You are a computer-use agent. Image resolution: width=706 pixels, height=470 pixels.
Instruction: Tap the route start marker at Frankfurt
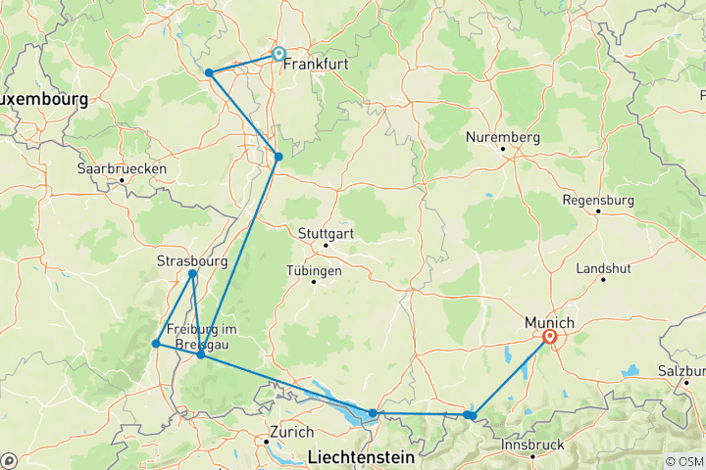pos(278,55)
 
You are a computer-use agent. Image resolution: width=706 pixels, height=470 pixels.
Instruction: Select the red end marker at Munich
pos(550,339)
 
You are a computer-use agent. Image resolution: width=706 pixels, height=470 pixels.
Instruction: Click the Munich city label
pos(547,321)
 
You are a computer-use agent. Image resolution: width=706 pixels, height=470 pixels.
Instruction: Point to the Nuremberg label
pos(503,138)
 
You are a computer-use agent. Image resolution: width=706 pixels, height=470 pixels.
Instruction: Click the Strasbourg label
pos(192,261)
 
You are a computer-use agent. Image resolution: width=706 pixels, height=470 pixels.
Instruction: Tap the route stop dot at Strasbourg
pos(192,274)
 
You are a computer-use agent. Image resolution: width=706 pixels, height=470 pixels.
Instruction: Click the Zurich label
pos(291,432)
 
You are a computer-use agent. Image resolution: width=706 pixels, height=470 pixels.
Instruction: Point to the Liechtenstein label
pos(362,456)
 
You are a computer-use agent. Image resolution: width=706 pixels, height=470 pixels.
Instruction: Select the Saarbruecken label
pos(122,168)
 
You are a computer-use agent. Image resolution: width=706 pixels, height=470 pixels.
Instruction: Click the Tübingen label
pos(315,270)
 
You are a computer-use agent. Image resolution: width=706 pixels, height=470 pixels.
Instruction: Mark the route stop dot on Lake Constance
pos(373,413)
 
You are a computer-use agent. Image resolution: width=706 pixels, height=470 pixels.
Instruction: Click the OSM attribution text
pos(683,461)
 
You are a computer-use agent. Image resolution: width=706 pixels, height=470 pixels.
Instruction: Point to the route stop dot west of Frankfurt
pos(209,72)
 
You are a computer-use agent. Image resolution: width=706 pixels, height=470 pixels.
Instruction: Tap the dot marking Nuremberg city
pos(502,150)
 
